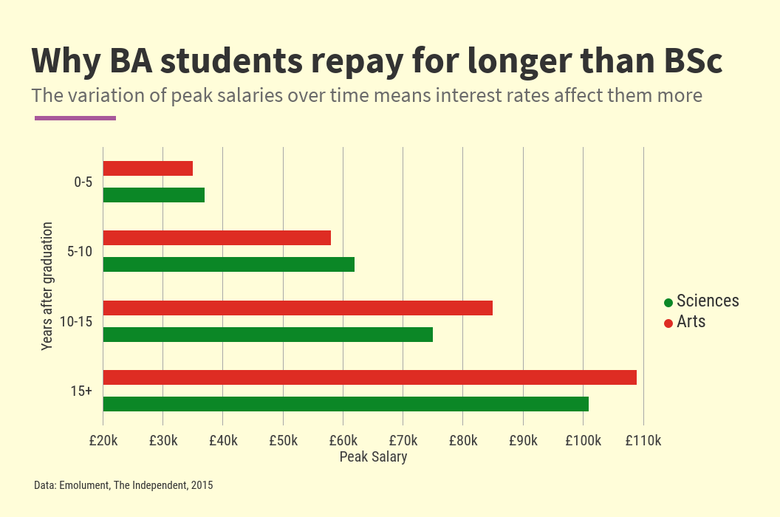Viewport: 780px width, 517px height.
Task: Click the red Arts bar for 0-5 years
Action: coord(148,168)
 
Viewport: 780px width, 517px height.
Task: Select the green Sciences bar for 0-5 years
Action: coord(154,195)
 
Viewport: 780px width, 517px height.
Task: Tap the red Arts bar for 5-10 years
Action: coord(216,238)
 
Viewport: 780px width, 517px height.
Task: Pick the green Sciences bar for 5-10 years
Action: coord(228,264)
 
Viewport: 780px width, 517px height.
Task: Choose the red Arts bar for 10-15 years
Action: coord(298,308)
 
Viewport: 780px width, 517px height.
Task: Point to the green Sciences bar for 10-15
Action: coord(267,335)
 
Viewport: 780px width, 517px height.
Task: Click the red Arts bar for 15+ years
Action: coord(369,377)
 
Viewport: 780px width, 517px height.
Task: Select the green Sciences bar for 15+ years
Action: coord(346,404)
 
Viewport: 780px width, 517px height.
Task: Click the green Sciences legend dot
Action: coord(668,302)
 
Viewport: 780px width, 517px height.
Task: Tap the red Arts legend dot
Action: coord(668,323)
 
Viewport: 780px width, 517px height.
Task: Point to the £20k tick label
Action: coord(103,441)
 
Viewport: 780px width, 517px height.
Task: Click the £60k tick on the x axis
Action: coord(343,441)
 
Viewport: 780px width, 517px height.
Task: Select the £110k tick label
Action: coord(643,441)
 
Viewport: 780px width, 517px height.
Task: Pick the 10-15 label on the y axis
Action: coord(78,321)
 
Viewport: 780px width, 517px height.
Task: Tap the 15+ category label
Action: coord(81,391)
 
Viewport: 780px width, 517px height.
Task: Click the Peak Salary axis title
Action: coord(373,457)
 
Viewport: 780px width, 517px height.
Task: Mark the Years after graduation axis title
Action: coord(47,285)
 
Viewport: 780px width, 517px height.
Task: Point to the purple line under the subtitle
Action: coord(75,117)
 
